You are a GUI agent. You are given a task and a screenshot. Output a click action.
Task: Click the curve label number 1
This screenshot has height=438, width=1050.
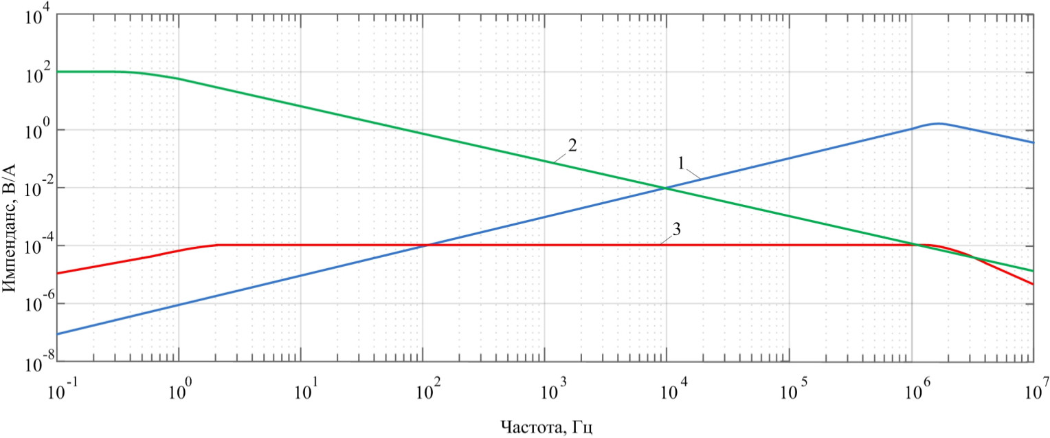coord(681,164)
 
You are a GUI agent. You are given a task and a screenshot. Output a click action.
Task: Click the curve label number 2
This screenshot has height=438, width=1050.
coord(572,146)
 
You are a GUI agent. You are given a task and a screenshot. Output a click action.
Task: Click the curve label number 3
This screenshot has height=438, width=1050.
coord(676,230)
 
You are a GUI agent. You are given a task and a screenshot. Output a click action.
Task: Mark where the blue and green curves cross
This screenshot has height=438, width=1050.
coord(665,188)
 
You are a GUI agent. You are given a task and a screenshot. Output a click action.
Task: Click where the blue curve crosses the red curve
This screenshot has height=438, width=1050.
coord(426,245)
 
